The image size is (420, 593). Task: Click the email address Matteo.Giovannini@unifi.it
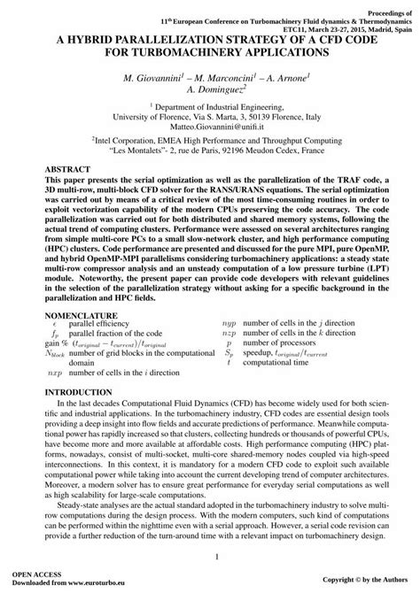(209, 125)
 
